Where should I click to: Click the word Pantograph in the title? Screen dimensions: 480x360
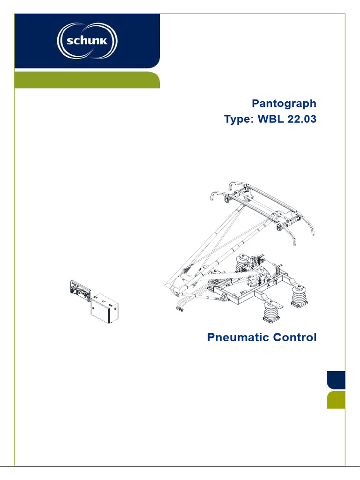(x=284, y=104)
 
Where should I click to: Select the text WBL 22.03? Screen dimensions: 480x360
(x=286, y=120)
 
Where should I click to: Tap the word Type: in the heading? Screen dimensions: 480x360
(x=238, y=120)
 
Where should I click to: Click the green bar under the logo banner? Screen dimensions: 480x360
(x=87, y=80)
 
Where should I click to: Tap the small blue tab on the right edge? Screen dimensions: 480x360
(x=336, y=380)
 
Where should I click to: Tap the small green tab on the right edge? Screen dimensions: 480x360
(x=336, y=400)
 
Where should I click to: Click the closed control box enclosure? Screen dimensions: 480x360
(x=104, y=312)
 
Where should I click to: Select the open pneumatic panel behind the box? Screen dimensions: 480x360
(x=80, y=292)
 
